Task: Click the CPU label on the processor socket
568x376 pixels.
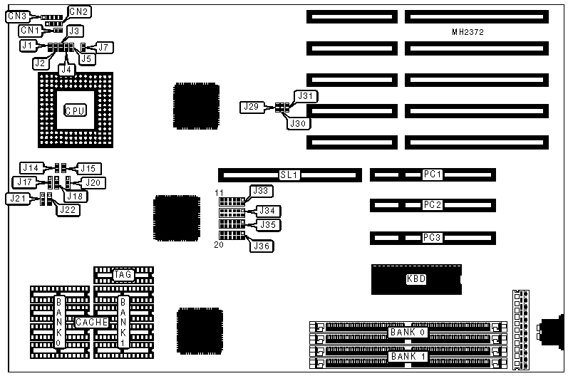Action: click(x=75, y=110)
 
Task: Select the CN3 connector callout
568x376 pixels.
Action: click(x=16, y=16)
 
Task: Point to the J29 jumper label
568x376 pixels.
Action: click(x=251, y=107)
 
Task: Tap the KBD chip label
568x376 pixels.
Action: click(x=415, y=279)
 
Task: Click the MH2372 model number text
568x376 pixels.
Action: click(x=468, y=32)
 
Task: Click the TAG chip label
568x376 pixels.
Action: click(x=123, y=274)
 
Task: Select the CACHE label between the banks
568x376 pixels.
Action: click(x=92, y=323)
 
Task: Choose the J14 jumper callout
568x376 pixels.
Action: click(x=31, y=167)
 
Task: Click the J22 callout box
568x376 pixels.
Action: click(x=69, y=209)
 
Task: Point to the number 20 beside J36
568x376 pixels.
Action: click(x=220, y=245)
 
